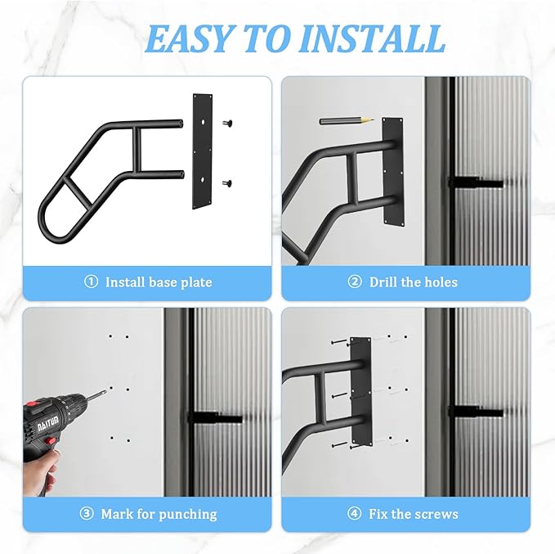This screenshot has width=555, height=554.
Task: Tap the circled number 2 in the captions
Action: pyautogui.click(x=354, y=282)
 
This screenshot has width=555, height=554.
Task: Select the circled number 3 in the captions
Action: pyautogui.click(x=87, y=515)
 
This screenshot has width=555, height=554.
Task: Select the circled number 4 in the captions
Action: pyautogui.click(x=354, y=515)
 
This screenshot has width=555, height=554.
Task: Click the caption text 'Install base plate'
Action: pyautogui.click(x=159, y=282)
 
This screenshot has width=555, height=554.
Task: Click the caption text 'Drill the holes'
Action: pyautogui.click(x=414, y=282)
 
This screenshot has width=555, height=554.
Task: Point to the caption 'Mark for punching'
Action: pyautogui.click(x=159, y=515)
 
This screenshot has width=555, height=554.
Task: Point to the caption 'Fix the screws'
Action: pyautogui.click(x=414, y=515)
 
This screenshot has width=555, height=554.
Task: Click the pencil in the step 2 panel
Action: pyautogui.click(x=346, y=120)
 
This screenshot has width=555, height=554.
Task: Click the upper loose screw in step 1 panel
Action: pyautogui.click(x=228, y=123)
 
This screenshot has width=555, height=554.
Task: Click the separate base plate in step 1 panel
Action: pyautogui.click(x=203, y=151)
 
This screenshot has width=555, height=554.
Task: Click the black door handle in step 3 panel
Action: pyautogui.click(x=215, y=417)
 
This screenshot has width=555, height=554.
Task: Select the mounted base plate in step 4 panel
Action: pyautogui.click(x=360, y=394)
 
